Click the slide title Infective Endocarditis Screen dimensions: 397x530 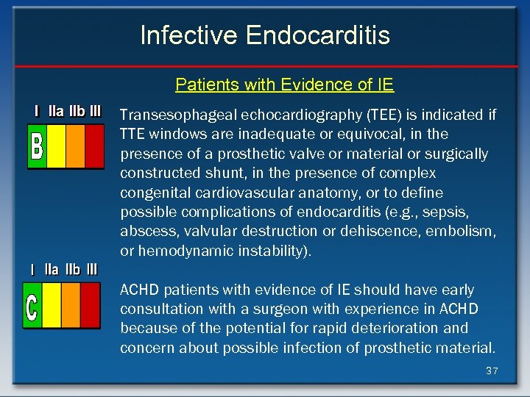pos(265,35)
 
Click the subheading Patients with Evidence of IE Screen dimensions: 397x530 pos(284,85)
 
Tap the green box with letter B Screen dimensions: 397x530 pos(37,146)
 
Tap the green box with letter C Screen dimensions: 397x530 pos(32,305)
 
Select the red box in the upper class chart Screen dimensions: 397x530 pos(94,146)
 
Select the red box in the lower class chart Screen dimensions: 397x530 pos(90,305)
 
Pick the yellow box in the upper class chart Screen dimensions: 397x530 pos(56,146)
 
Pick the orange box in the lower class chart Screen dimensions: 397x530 pos(70,305)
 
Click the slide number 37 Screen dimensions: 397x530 pos(492,371)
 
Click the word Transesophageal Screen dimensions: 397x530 pos(169,115)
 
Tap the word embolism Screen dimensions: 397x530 pos(466,231)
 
